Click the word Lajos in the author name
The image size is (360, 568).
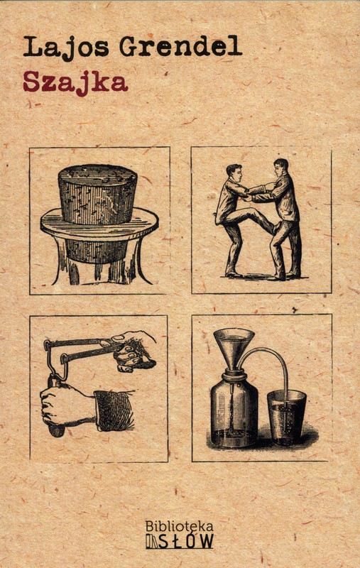pyautogui.click(x=66, y=48)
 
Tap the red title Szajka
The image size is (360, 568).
pyautogui.click(x=75, y=83)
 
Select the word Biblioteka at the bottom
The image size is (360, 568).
pyautogui.click(x=179, y=526)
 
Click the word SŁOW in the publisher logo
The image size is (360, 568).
pyautogui.click(x=186, y=541)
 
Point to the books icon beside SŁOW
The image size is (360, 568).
pyautogui.click(x=152, y=542)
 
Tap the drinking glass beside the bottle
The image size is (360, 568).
pyautogui.click(x=286, y=417)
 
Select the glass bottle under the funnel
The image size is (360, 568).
pyautogui.click(x=234, y=410)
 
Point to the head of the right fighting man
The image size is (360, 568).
pyautogui.click(x=281, y=168)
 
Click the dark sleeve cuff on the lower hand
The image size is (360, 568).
pyautogui.click(x=114, y=411)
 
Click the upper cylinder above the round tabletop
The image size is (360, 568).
pyautogui.click(x=97, y=194)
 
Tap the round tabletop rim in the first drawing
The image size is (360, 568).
pyautogui.click(x=99, y=224)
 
